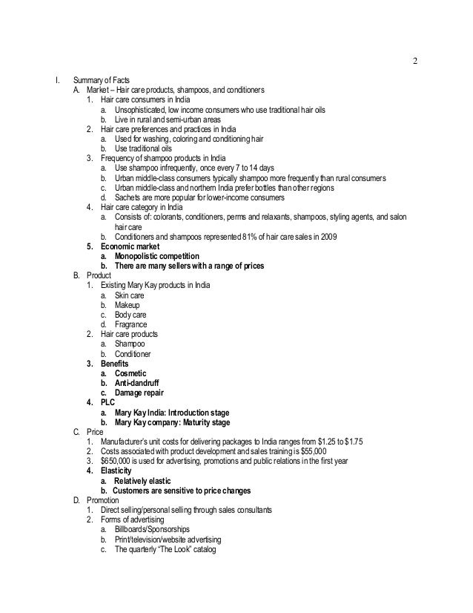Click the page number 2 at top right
tap(414, 60)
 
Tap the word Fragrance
tap(130, 324)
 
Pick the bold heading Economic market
tap(130, 246)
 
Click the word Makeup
tap(126, 305)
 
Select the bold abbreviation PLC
tap(108, 402)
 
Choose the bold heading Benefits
tap(115, 364)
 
